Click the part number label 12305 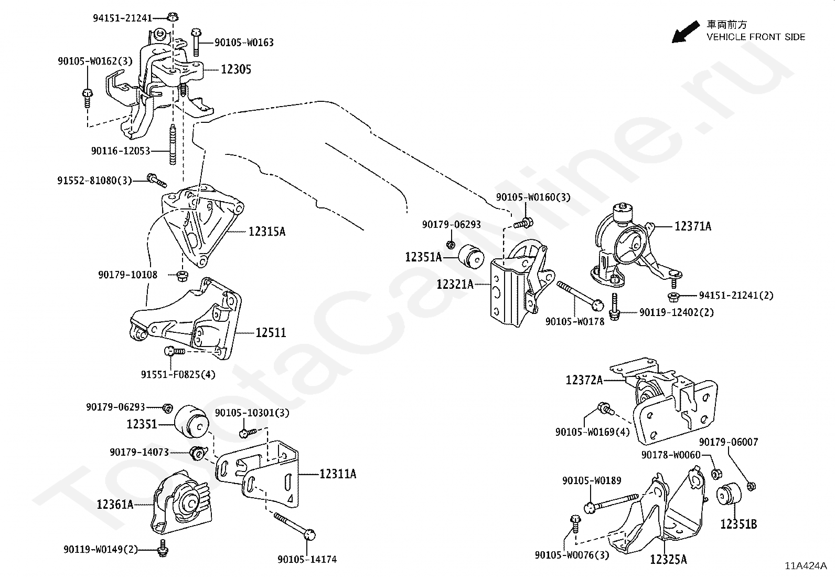pyautogui.click(x=236, y=69)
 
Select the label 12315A pyautogui.click(x=267, y=232)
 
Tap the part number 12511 pyautogui.click(x=271, y=332)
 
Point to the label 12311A pyautogui.click(x=338, y=474)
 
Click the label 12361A pyautogui.click(x=115, y=505)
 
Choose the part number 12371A pyautogui.click(x=693, y=226)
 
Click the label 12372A pyautogui.click(x=584, y=380)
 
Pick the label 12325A pyautogui.click(x=668, y=559)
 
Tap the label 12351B pyautogui.click(x=738, y=523)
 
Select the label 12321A pyautogui.click(x=455, y=285)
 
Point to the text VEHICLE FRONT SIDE pyautogui.click(x=756, y=37)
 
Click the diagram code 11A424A pyautogui.click(x=806, y=566)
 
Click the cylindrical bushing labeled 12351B pyautogui.click(x=728, y=496)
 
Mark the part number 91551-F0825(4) pyautogui.click(x=178, y=374)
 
